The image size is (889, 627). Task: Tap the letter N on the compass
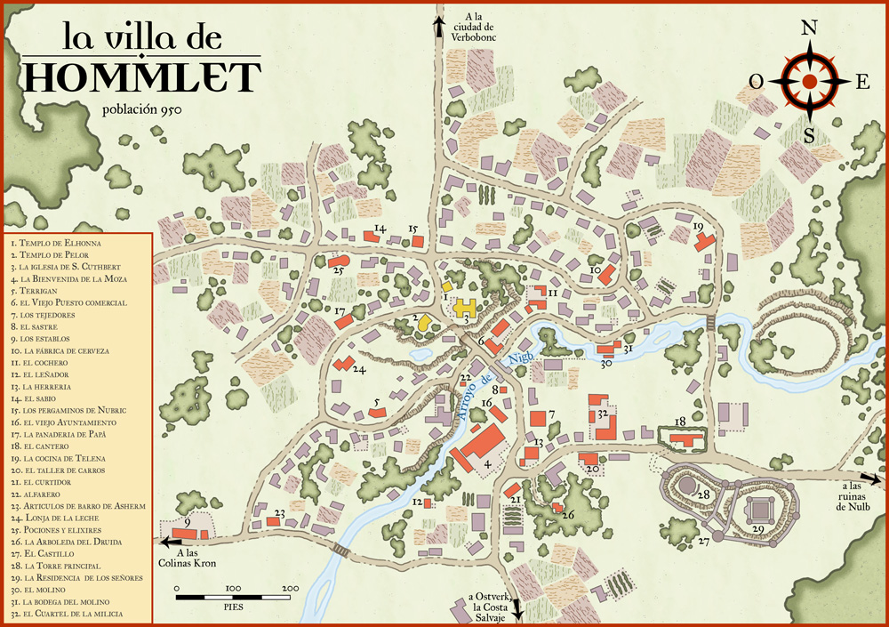click(x=809, y=28)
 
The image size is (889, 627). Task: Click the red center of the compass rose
click(x=809, y=81)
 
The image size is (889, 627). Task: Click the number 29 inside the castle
click(x=759, y=528)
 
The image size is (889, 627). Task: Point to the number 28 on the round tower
click(x=702, y=494)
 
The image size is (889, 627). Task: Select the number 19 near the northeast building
click(x=697, y=228)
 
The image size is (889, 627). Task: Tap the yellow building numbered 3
click(x=466, y=312)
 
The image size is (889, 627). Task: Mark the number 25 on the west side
click(x=338, y=269)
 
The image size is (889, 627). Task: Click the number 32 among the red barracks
click(x=602, y=414)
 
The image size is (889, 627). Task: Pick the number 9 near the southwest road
click(x=187, y=523)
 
